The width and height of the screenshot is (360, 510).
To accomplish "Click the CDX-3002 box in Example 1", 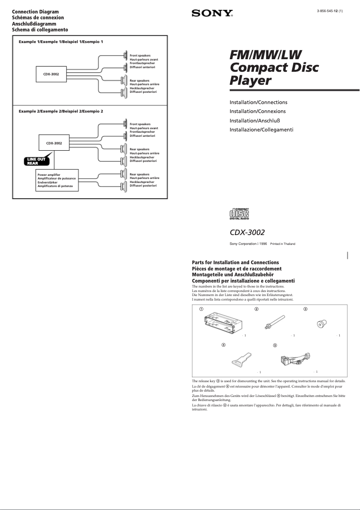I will tap(52, 73).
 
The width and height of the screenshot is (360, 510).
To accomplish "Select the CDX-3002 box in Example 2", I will tap(54, 144).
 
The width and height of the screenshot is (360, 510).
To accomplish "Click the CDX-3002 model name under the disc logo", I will tap(247, 232).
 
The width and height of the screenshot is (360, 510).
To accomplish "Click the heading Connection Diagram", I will tap(35, 12).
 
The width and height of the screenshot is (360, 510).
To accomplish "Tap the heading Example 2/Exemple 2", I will tap(61, 111).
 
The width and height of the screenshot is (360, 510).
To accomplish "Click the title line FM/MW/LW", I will tap(265, 55).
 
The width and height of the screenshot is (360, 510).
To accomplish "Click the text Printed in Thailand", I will tap(282, 244).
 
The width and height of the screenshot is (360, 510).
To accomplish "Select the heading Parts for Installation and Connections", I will tap(235, 262).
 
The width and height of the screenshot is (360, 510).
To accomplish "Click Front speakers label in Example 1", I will tap(140, 56).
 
